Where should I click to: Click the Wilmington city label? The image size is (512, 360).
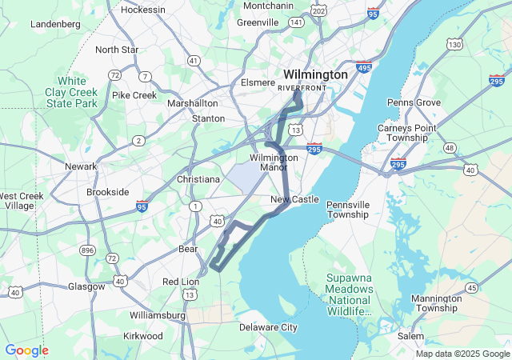point(315,74)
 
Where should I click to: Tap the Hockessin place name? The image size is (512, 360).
point(142,10)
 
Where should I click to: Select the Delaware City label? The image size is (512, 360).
point(268,327)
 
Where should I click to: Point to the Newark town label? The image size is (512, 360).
point(81,166)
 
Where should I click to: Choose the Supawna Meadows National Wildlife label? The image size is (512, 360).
point(349,294)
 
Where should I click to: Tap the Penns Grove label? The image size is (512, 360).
point(414,102)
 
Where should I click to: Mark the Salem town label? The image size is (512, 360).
point(410,337)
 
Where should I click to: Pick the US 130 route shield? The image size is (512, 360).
point(454,44)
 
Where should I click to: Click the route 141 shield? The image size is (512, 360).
point(296,22)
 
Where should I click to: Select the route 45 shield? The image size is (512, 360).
point(472,288)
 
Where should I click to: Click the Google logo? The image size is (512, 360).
point(26,350)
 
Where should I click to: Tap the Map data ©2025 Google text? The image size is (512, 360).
point(462,354)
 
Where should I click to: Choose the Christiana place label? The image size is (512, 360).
point(197,179)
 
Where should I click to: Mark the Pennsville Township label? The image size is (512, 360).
point(348,210)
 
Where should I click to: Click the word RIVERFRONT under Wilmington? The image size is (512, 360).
point(302,87)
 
